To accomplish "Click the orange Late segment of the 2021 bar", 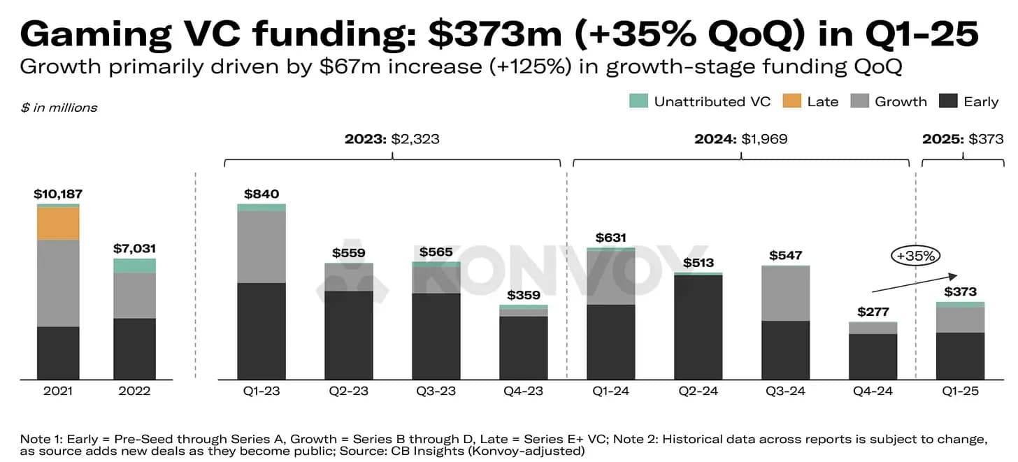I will point(58,224).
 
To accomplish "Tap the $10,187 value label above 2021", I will point(58,194).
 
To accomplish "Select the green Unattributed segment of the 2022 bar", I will point(134,266).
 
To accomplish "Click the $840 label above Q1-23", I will point(261,194).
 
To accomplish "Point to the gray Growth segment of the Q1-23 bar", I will point(261,247).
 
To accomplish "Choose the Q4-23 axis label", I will point(523,391).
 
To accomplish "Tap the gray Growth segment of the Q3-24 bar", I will point(785,294).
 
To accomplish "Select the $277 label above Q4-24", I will point(873,312).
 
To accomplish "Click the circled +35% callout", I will point(915,256).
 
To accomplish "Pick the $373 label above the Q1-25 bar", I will point(960,291).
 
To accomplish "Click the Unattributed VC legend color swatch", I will point(638,101).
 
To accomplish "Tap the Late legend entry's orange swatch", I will point(791,101).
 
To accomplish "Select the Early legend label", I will point(980,101).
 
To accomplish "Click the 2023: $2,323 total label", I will point(392,139).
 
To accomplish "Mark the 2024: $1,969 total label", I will point(740,139).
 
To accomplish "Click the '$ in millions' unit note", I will point(59,108).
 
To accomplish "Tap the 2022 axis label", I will point(134,391).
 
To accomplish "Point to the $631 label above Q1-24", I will point(610,238).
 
